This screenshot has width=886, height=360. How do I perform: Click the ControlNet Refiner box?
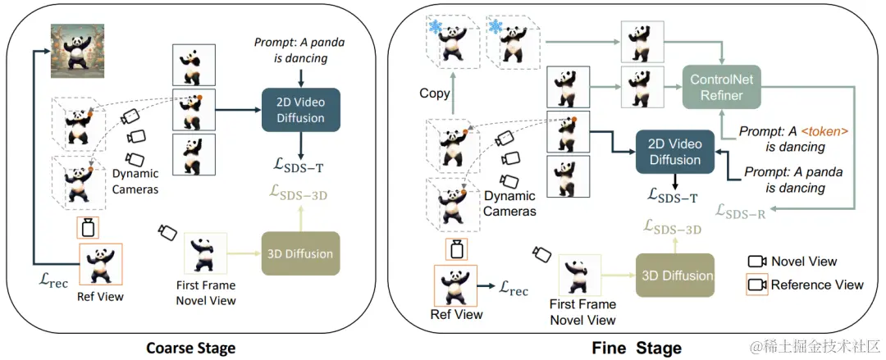[722, 87]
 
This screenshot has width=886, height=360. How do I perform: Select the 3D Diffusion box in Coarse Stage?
[300, 253]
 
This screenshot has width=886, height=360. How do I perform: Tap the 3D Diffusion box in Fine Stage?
[674, 276]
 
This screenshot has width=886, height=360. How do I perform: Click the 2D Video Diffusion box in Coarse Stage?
[300, 109]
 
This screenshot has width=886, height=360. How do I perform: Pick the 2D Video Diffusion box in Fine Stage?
[674, 152]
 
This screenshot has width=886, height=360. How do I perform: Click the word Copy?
[435, 93]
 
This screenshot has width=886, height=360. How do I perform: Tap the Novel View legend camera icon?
[756, 261]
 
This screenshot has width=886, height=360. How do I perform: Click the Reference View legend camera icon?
[756, 285]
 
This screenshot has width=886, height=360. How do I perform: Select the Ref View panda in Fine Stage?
[454, 286]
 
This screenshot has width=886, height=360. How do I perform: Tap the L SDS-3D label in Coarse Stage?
[299, 195]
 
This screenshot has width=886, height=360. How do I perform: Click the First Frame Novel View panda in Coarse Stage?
[206, 253]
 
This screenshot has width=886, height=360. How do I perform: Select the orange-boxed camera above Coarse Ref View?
[87, 228]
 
